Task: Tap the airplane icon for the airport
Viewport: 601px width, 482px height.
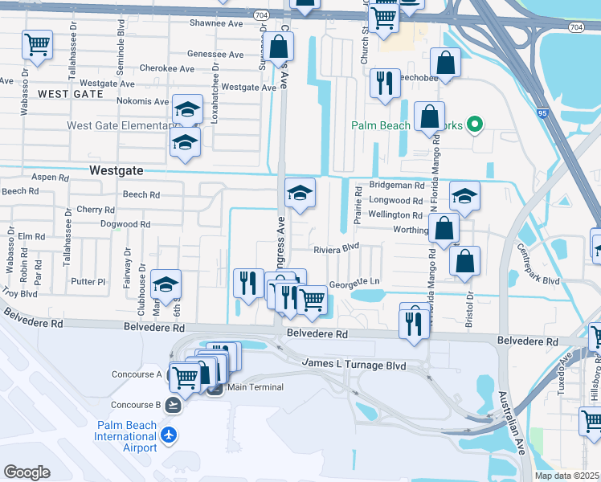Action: coord(168,435)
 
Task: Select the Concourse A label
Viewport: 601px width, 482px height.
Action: coord(137,374)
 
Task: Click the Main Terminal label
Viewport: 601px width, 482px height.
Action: coord(256,387)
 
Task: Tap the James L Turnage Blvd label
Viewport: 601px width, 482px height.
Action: coord(354,364)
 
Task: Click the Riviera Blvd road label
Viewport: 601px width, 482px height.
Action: coord(336,249)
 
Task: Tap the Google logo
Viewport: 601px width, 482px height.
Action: coord(27,472)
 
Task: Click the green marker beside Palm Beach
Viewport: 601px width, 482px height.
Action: coord(474,125)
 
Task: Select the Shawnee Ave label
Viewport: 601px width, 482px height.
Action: coord(216,23)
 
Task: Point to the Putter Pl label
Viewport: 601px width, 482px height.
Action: coord(88,282)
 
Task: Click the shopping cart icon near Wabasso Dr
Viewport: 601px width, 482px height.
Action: coord(37,47)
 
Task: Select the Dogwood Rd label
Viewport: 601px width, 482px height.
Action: coord(125,225)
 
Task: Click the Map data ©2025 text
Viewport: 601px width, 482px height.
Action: coord(566,476)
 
